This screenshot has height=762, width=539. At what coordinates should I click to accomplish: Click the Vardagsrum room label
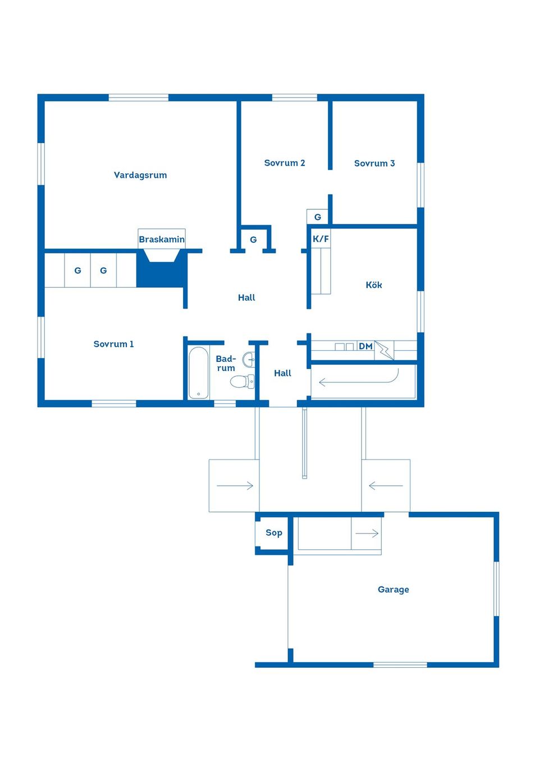tap(140, 175)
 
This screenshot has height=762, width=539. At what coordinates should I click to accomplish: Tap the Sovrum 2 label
tap(284, 163)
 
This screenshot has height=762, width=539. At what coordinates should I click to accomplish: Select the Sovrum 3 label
tap(374, 163)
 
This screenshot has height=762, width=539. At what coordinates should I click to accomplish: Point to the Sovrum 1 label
tap(113, 344)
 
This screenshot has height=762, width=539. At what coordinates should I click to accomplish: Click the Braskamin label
tap(162, 240)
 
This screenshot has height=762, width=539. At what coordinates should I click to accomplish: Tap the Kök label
tap(373, 285)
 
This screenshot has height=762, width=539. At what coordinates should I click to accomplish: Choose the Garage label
tap(393, 589)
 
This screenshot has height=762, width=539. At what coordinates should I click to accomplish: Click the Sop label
tap(273, 533)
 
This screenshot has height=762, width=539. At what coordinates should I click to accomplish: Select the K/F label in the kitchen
tap(321, 239)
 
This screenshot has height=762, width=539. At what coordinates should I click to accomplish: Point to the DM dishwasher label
tap(366, 346)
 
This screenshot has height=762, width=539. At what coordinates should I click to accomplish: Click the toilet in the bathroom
tap(242, 382)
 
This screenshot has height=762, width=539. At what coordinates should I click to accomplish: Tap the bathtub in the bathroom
tap(198, 373)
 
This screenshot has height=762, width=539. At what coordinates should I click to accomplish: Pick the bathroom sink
tap(249, 359)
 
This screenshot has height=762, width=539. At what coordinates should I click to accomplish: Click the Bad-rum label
tap(226, 363)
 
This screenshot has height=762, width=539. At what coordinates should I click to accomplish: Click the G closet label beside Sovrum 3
tap(317, 217)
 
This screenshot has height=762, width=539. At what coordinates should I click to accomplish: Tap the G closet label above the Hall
tap(253, 240)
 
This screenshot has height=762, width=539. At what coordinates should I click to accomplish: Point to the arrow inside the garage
tap(367, 533)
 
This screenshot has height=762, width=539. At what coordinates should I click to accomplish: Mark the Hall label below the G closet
tap(246, 297)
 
